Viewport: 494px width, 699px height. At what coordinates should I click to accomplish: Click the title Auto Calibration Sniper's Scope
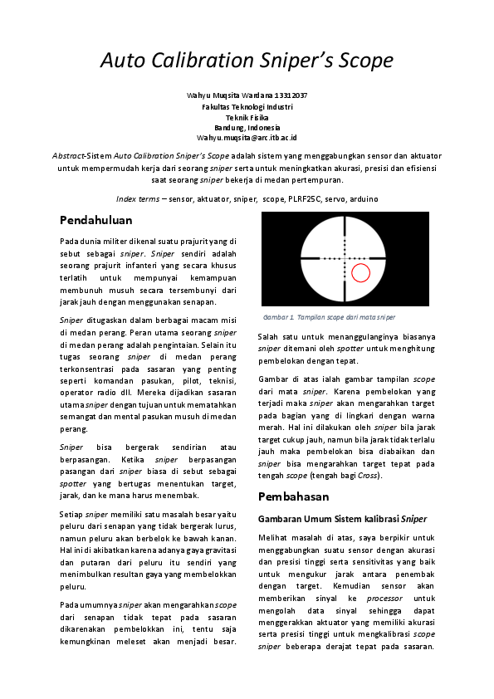coord(247,61)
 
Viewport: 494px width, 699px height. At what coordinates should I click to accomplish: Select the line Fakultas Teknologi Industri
coord(247,106)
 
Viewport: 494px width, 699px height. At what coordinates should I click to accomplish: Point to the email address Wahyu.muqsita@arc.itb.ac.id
coord(247,137)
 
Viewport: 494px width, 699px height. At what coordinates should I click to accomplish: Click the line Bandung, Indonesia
coord(247,127)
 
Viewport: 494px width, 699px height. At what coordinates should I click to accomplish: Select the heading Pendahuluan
coord(96,220)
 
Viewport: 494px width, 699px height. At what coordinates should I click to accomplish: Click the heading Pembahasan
coord(294,496)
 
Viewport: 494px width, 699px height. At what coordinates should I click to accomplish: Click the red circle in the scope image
coord(360,272)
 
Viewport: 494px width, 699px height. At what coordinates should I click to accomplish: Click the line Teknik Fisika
coord(247,117)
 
